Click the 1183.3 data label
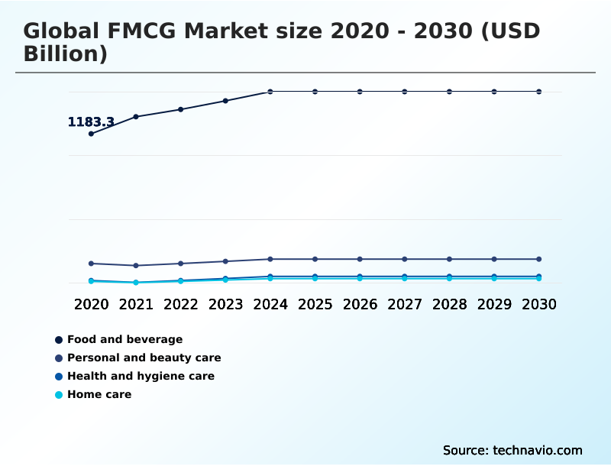click(x=91, y=122)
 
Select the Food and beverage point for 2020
click(x=92, y=134)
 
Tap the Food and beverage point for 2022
click(x=181, y=109)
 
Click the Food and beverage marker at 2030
click(x=539, y=92)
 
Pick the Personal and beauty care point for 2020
click(x=92, y=264)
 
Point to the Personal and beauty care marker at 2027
click(x=405, y=259)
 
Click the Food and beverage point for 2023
click(x=225, y=101)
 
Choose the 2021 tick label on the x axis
click(x=136, y=304)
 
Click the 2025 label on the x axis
click(x=315, y=304)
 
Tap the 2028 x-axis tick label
click(x=449, y=304)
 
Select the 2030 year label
click(x=538, y=304)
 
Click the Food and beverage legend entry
click(x=124, y=339)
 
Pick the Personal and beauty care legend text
click(x=144, y=358)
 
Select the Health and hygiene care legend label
click(x=141, y=376)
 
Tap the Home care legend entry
click(x=99, y=394)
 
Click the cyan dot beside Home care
click(x=59, y=395)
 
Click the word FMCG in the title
click(x=153, y=31)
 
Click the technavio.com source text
click(x=538, y=450)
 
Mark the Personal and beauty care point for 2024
click(x=270, y=259)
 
